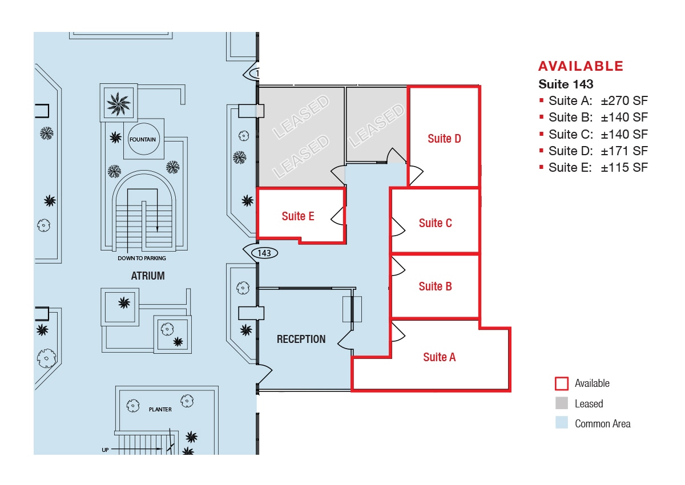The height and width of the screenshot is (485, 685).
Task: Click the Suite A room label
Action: click(x=439, y=357)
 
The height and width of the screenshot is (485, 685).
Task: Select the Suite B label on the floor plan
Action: click(x=435, y=286)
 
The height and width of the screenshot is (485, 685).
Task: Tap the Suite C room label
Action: click(x=435, y=223)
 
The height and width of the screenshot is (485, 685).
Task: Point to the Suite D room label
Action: click(x=444, y=139)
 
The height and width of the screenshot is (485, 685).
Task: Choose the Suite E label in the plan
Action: click(x=297, y=216)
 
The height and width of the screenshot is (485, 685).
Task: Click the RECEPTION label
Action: click(x=301, y=339)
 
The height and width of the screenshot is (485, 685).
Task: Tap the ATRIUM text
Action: click(x=147, y=276)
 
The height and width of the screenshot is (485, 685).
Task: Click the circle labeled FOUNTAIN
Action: click(x=143, y=139)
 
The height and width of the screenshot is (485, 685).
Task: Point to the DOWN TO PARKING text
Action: click(x=143, y=258)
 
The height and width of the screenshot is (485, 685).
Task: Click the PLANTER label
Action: click(x=160, y=409)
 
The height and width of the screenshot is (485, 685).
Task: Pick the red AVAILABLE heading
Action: click(x=581, y=66)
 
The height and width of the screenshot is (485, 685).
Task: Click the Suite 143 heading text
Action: click(x=566, y=84)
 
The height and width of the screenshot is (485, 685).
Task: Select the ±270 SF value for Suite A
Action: click(x=624, y=101)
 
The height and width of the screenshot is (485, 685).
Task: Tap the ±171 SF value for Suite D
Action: click(x=624, y=151)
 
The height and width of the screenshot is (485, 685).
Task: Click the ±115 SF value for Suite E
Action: click(x=624, y=168)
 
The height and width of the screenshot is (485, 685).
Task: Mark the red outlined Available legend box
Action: click(x=562, y=383)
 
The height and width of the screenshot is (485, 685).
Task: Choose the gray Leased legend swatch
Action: click(x=562, y=403)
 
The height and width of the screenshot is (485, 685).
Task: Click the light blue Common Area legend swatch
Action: click(x=562, y=423)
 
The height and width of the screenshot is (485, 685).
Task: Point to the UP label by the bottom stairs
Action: click(x=105, y=450)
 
